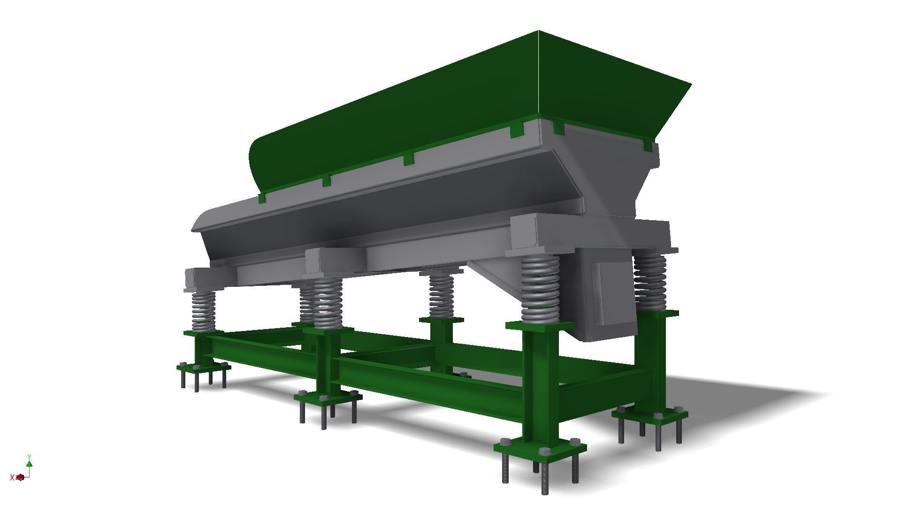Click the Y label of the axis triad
click(29, 457)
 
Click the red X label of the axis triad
click(12, 477)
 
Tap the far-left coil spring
click(203, 311)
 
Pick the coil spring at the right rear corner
click(650, 282)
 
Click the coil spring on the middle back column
click(441, 296)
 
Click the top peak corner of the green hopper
click(538, 32)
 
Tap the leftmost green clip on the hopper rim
click(262, 199)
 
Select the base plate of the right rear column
click(650, 415)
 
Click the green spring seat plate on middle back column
click(441, 320)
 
